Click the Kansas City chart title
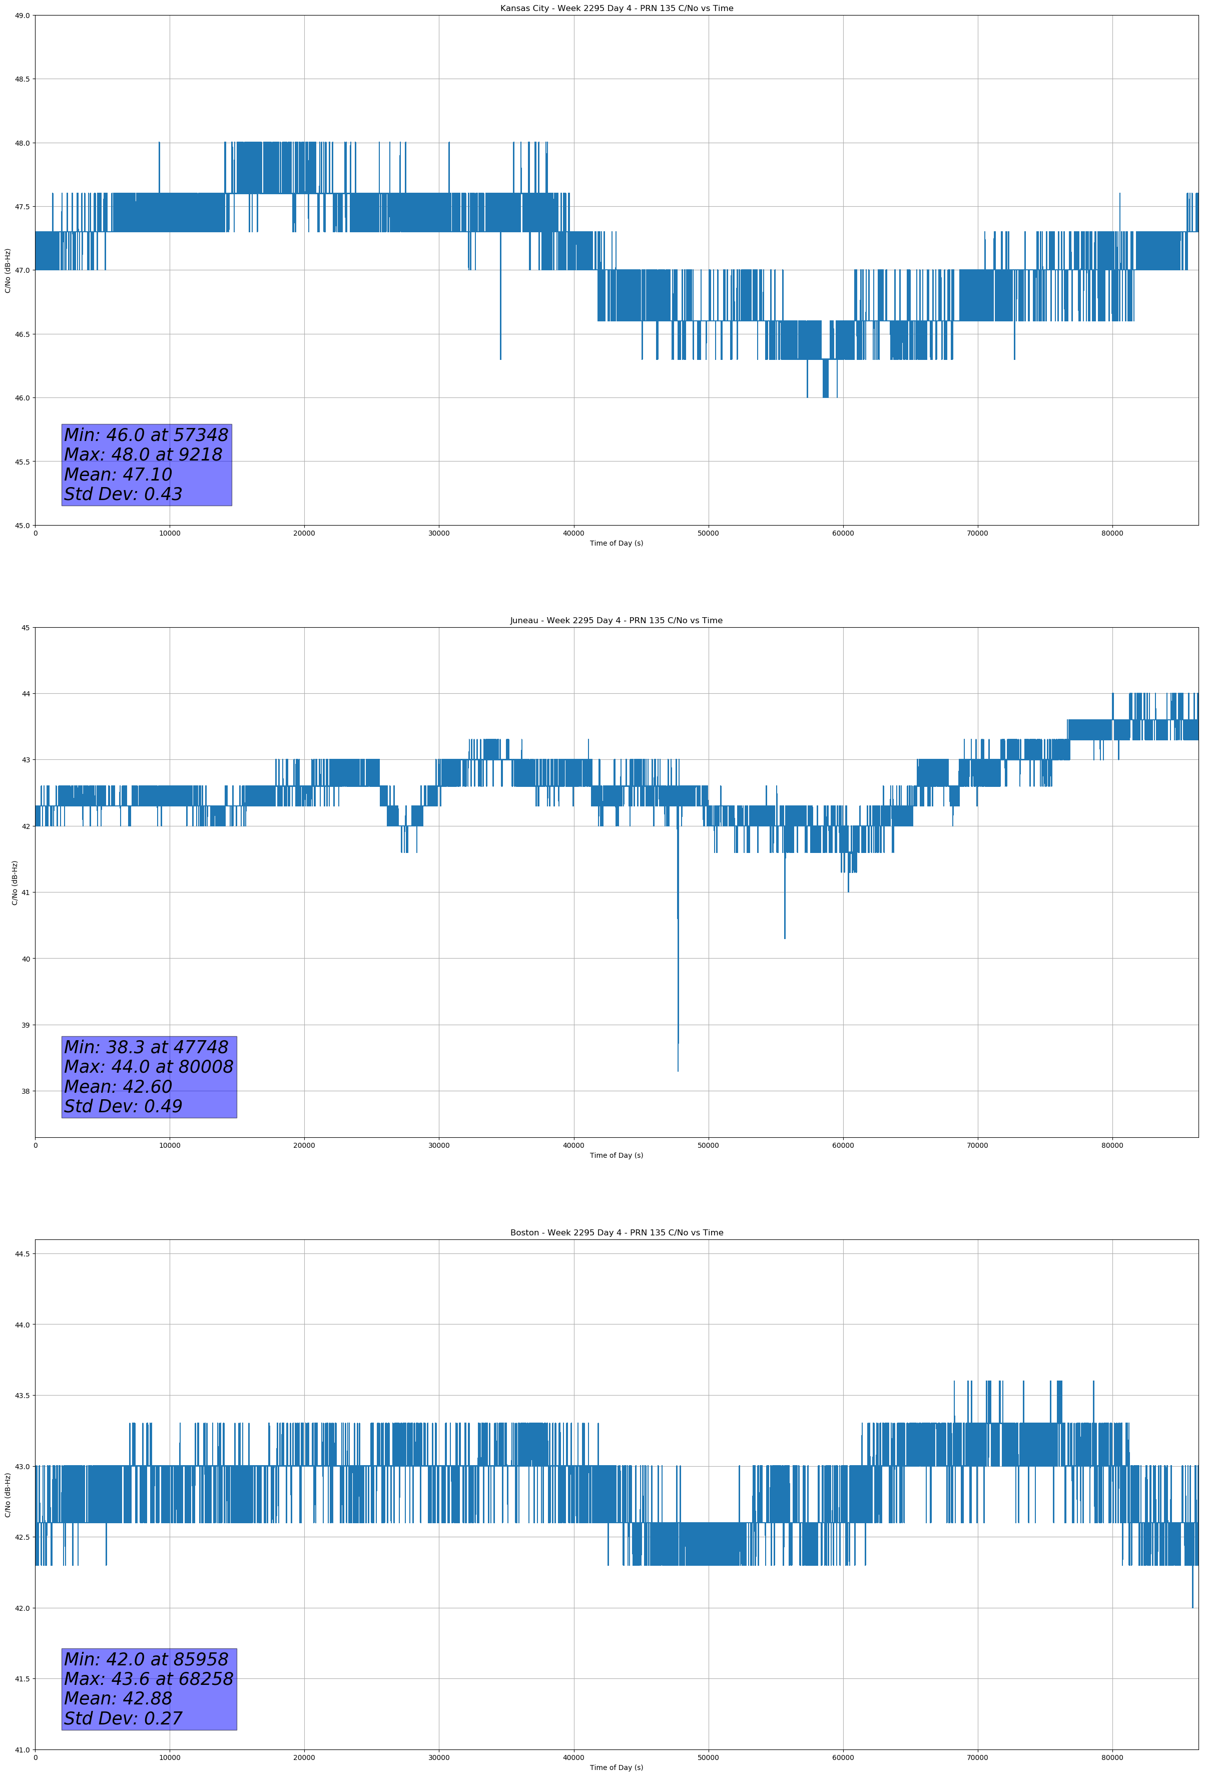[616, 9]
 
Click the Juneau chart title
[616, 621]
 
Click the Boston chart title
[616, 1233]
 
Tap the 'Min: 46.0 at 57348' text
[146, 435]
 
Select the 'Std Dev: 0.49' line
[123, 1106]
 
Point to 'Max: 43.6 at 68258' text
[148, 1678]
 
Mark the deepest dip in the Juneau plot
[678, 1069]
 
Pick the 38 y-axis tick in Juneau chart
[25, 1091]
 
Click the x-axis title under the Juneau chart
[616, 1155]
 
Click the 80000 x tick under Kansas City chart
[1112, 534]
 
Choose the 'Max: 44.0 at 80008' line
[148, 1066]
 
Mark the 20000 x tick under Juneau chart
[304, 1145]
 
